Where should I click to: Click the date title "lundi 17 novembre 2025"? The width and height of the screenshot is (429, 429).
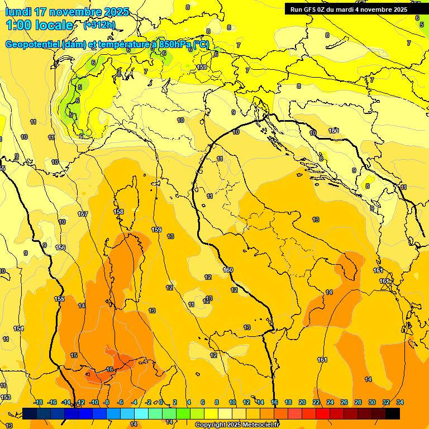point(66,12)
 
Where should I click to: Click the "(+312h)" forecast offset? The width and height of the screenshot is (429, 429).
point(99,25)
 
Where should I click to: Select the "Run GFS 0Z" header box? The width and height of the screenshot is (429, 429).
point(349,9)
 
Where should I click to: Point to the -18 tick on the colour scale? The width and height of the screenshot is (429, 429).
point(38,402)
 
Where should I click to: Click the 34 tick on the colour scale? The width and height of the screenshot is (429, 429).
point(399,402)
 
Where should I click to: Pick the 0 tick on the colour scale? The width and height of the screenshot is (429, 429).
point(160,402)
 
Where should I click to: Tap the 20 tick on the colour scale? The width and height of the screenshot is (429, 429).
point(302,402)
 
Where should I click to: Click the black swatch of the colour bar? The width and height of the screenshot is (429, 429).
point(393,413)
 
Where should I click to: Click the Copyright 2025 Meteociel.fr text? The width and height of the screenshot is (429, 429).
point(237,425)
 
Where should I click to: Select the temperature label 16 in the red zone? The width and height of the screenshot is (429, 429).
point(109,369)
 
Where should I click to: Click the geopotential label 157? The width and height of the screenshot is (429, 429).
point(83,214)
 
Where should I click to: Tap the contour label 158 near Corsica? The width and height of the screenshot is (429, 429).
point(118,212)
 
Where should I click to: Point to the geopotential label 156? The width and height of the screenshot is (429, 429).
point(60,247)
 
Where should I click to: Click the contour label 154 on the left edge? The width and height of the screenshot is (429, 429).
point(18,329)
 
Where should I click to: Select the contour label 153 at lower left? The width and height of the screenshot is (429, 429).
point(5,397)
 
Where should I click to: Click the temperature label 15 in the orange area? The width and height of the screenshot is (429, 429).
point(74,355)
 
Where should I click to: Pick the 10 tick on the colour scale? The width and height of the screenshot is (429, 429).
point(232,402)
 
